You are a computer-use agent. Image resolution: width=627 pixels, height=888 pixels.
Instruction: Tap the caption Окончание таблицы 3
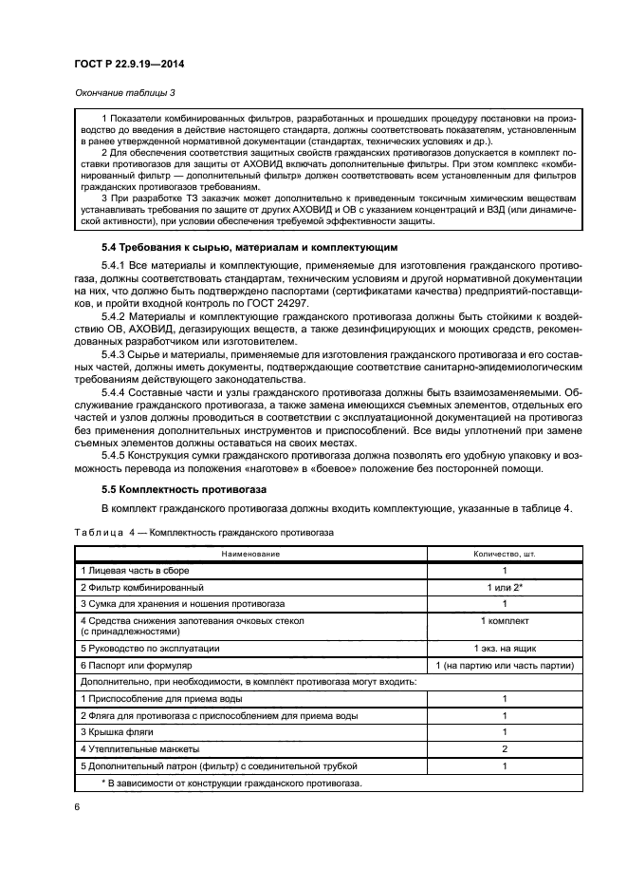point(124,93)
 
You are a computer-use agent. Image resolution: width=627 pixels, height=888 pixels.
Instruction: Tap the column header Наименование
point(250,553)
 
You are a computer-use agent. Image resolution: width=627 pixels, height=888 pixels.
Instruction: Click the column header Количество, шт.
point(504,553)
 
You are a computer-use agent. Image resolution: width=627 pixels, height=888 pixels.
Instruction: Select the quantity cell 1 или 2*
point(504,587)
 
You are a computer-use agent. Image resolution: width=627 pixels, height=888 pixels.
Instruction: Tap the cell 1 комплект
point(504,620)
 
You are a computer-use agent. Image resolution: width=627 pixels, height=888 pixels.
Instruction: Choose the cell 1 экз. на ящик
point(504,648)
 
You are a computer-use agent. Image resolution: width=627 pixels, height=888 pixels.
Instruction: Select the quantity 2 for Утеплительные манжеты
point(504,749)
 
